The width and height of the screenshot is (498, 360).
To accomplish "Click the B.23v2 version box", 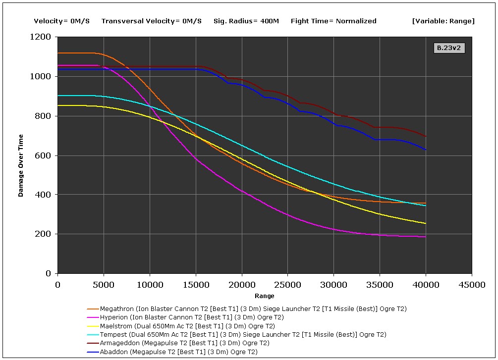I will (x=449, y=48).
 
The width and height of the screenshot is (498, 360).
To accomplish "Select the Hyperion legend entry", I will (x=192, y=317).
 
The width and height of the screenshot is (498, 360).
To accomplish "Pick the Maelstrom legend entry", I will (x=187, y=326).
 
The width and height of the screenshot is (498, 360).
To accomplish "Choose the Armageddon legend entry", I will (x=184, y=343).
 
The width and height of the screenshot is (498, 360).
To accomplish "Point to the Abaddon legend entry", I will (x=178, y=352).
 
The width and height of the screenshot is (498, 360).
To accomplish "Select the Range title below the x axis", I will (x=265, y=296).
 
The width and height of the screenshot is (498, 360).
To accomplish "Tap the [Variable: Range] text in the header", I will (x=443, y=21).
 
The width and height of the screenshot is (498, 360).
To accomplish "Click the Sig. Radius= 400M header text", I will (x=246, y=21).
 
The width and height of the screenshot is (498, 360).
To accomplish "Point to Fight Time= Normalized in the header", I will (x=333, y=21).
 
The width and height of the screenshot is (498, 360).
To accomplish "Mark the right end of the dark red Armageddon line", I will (x=426, y=136).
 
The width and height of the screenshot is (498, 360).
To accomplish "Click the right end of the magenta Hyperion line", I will (x=426, y=237).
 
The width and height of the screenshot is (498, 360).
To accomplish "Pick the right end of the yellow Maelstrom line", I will (x=426, y=223).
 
